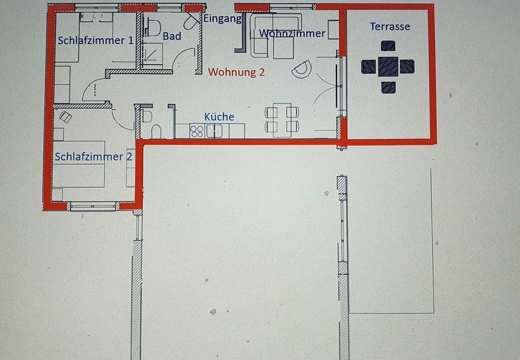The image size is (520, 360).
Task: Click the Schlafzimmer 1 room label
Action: (95, 41)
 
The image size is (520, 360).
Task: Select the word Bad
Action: (172, 36)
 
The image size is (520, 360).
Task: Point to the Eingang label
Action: (222, 18)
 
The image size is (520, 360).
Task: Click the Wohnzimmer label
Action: (292, 34)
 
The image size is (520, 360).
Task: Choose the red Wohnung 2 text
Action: (237, 72)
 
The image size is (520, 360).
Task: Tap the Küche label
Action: (219, 117)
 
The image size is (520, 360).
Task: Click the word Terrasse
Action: (389, 27)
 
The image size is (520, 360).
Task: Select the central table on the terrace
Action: (388, 67)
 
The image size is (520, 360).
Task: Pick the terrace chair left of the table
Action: (368, 67)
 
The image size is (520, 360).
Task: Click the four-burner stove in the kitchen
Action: (197, 131)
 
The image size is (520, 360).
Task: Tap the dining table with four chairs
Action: (282, 120)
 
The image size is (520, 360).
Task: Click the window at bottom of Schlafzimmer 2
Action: (93, 206)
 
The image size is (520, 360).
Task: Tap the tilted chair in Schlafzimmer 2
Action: (66, 117)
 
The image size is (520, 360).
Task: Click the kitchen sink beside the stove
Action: (214, 131)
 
